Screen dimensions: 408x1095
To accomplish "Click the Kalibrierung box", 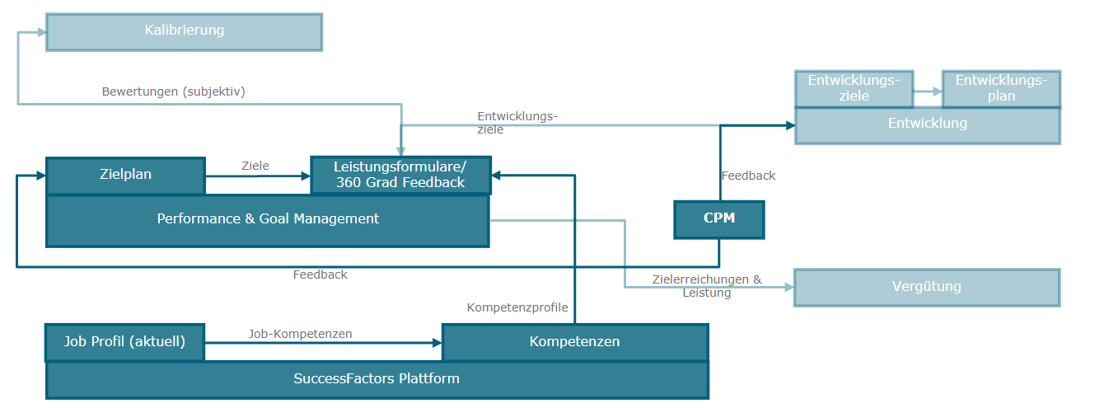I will (x=184, y=31).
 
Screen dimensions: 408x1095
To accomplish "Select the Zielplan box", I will (x=125, y=175).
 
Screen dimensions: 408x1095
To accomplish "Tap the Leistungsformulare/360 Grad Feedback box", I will (x=400, y=176).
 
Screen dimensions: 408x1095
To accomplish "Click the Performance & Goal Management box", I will (x=268, y=220).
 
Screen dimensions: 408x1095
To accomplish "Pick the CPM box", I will (x=718, y=219).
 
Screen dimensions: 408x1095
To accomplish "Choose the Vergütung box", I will (x=927, y=287).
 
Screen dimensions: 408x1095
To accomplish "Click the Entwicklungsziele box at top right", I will (x=853, y=88).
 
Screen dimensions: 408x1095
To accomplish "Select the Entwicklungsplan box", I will (x=1001, y=88).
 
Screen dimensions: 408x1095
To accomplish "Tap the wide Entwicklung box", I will (x=927, y=124).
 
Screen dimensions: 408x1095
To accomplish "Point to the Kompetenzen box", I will (x=574, y=342).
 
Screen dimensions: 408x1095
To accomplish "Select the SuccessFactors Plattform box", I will (x=377, y=380).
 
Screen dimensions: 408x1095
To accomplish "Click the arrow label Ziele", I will (x=255, y=166).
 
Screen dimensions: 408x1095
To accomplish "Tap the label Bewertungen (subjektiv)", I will (x=173, y=91).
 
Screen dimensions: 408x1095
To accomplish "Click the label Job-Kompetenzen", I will (x=301, y=334).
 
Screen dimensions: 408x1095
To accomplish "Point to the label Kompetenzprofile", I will (x=517, y=307).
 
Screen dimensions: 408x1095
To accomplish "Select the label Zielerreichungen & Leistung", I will (x=706, y=286).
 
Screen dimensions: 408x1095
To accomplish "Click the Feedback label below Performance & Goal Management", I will (x=321, y=274).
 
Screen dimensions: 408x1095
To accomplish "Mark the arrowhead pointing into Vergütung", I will (x=788, y=288).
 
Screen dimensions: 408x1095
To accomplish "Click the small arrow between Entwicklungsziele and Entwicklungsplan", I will (x=928, y=92).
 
